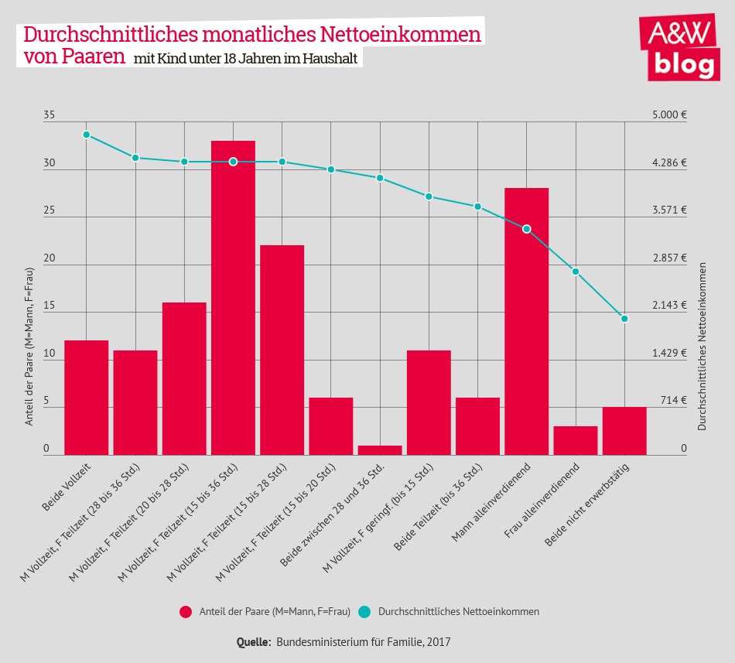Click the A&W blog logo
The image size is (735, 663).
pos(679,47)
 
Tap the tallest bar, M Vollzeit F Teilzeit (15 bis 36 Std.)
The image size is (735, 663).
pos(233,298)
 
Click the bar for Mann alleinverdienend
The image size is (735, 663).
pos(526,321)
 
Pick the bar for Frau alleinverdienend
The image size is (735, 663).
pos(575,440)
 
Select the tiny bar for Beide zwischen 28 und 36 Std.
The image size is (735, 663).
pos(380,450)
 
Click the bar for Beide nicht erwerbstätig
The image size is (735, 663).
pos(624,431)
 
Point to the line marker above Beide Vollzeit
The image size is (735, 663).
pos(87,135)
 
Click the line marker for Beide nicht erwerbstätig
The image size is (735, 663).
pos(624,319)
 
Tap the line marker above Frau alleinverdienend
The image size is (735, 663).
pos(576,272)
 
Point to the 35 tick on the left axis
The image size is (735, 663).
pos(50,115)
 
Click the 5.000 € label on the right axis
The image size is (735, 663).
pos(669,115)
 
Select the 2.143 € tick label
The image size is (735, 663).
pos(669,306)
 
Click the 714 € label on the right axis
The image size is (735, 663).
pos(674,401)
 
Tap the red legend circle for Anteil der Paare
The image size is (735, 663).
pos(186,612)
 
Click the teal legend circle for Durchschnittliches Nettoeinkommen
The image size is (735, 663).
pos(365,612)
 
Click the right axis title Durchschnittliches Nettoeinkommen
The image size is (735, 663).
pos(703,344)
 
